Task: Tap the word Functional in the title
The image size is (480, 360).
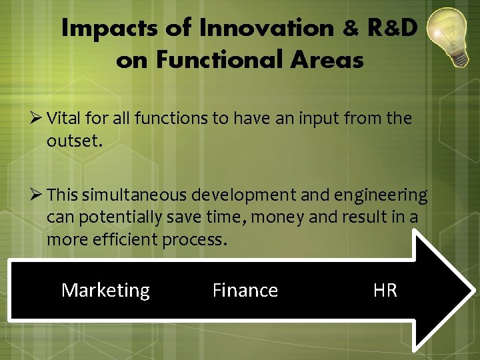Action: [213, 60]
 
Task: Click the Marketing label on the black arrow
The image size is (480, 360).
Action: [105, 290]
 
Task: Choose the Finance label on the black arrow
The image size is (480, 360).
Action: [245, 290]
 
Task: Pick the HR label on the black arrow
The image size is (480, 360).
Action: [385, 290]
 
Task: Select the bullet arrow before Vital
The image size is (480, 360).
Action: [37, 119]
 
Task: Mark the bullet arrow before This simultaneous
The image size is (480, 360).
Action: [37, 195]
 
